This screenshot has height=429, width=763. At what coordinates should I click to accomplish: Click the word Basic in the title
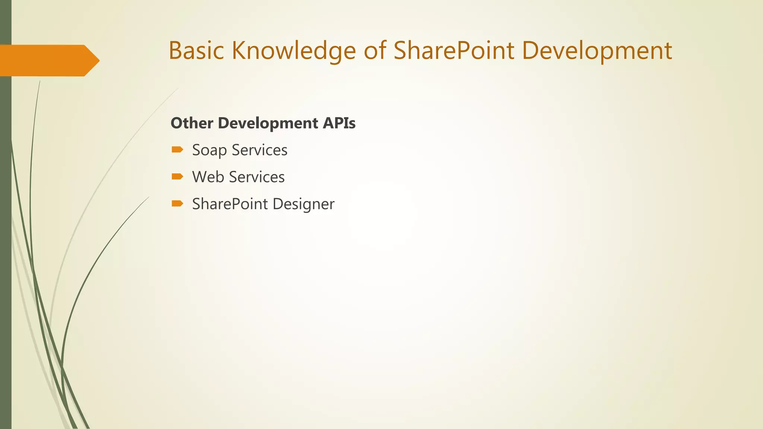coord(196,50)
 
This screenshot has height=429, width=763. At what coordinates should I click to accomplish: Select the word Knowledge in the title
coord(294,51)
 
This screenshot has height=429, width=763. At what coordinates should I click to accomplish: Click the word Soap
coord(209,150)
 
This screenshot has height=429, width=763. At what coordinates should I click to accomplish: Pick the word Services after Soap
coord(260,150)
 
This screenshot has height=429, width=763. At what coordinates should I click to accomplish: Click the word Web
coord(208,177)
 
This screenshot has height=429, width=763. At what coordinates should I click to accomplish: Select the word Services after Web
coord(257,177)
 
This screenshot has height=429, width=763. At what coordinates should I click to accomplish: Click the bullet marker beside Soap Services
coord(177,150)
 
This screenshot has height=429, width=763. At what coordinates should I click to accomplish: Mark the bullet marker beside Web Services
coord(177,177)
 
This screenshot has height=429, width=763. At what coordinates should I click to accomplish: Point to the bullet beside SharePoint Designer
coord(177,203)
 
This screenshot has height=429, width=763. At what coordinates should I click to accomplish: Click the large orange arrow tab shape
coord(45,61)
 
